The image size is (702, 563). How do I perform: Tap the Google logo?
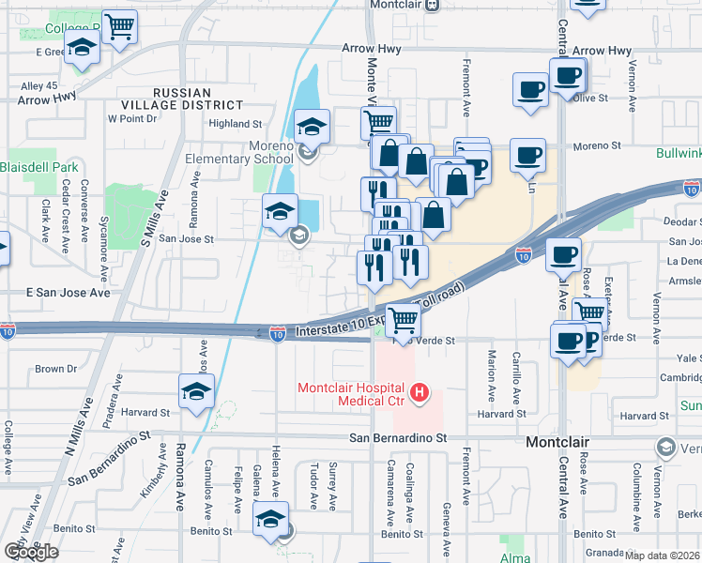[x=31, y=552]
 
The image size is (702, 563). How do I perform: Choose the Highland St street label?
[x=235, y=124]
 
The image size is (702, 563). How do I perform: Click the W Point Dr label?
[x=131, y=118]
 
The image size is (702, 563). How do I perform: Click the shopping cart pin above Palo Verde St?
[x=403, y=320]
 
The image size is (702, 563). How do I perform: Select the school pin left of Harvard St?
[x=196, y=391]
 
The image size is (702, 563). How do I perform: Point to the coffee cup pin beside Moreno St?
[x=528, y=155]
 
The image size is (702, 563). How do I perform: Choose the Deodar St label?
[x=682, y=222]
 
